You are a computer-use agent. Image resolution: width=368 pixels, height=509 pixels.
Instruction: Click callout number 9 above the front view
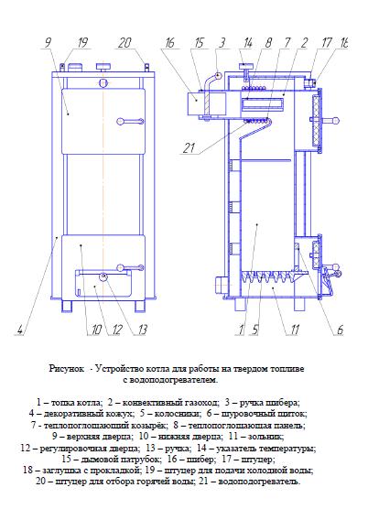tap(48, 42)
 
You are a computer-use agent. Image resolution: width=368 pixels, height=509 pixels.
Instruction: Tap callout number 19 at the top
tap(82, 42)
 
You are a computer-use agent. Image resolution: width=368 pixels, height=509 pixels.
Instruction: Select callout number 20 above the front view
tap(124, 42)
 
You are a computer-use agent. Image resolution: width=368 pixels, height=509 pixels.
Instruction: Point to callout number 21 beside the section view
tap(189, 148)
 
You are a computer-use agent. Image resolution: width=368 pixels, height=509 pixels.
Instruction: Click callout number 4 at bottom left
tap(20, 330)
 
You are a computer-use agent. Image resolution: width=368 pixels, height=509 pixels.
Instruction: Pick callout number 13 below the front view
tap(142, 330)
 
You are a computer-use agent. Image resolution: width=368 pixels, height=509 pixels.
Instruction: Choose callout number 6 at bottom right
tap(340, 330)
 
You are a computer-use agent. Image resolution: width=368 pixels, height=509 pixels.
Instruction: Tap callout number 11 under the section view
tap(294, 330)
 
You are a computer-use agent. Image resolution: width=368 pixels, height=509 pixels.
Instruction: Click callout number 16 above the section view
tap(169, 42)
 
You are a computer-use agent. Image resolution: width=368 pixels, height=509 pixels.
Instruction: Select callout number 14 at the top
tap(248, 42)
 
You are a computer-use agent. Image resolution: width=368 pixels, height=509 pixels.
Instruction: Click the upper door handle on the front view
tap(130, 122)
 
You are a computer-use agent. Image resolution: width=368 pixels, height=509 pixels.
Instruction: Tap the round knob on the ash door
tap(103, 276)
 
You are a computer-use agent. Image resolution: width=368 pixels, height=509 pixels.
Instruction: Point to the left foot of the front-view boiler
tap(67, 306)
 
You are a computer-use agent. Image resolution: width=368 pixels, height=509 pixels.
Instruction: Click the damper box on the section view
tap(198, 103)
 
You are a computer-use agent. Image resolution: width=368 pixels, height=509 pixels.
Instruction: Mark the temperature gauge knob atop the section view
tap(247, 66)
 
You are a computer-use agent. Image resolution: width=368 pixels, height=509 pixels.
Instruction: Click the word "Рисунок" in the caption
tap(67, 369)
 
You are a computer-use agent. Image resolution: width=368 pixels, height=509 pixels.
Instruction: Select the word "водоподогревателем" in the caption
tap(169, 380)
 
